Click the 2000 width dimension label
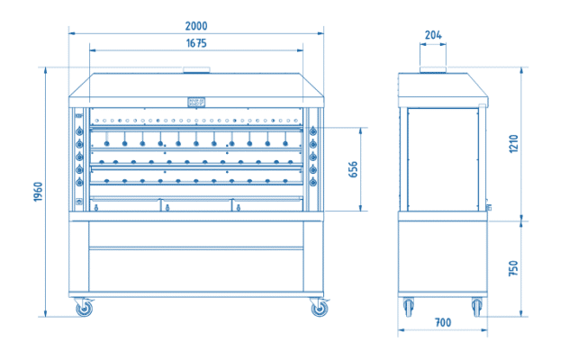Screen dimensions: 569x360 point(196,26)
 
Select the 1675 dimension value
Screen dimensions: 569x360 point(196,43)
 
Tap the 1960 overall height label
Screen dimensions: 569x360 point(38,192)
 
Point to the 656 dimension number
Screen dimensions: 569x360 point(353,169)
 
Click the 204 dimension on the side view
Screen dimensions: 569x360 point(433,35)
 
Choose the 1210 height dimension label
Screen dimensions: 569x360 point(513,144)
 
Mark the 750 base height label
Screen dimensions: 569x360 point(513,268)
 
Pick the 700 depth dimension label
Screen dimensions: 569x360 point(443,322)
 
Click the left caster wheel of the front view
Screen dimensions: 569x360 point(84,308)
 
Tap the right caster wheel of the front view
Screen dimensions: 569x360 point(320,308)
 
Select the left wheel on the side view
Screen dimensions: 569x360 point(409,307)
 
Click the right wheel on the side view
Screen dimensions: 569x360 point(477,307)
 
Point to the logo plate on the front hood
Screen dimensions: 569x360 point(196,103)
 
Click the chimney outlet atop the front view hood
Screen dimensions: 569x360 point(196,69)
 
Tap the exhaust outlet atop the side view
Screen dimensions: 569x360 point(433,69)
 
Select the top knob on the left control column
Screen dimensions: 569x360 point(79,131)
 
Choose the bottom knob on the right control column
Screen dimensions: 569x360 point(313,182)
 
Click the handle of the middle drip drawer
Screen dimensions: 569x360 point(167,208)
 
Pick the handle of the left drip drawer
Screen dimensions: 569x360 point(96,208)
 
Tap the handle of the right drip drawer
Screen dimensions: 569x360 point(239,208)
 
